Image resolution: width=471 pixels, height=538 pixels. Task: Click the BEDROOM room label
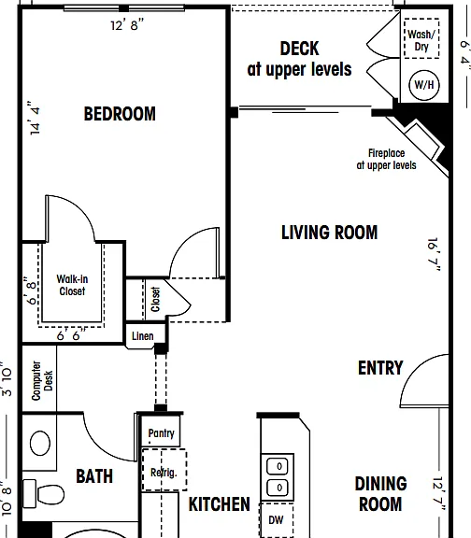[x=120, y=114]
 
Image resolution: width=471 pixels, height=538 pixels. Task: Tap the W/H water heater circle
[x=424, y=84]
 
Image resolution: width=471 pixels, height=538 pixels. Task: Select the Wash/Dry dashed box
[x=421, y=38]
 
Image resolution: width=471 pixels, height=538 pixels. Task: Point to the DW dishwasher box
[x=276, y=520]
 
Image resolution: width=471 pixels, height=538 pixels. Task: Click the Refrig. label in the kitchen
[x=164, y=473]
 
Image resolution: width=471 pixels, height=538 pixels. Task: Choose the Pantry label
[x=162, y=433]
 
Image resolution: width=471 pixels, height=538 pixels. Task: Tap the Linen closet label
[x=143, y=336]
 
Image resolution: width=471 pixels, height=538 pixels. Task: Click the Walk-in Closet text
[x=72, y=285]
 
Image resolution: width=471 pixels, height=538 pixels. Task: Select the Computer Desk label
[x=42, y=380]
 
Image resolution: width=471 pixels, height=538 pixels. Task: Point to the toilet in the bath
[x=44, y=494]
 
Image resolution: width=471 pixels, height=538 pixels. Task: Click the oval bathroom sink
[x=40, y=444]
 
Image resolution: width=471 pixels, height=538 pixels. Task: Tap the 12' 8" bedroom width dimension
[x=127, y=24]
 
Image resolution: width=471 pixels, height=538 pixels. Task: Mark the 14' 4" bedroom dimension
[x=35, y=118]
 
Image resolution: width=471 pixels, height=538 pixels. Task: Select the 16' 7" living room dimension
[x=434, y=255]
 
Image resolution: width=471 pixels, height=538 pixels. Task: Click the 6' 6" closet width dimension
[x=71, y=335]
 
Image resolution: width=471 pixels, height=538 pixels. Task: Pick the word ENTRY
[x=380, y=368]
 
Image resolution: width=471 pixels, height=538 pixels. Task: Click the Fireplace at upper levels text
[x=387, y=159]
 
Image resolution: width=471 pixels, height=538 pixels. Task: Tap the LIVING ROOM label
[x=330, y=233]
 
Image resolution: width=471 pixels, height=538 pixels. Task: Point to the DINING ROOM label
[x=380, y=494]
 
